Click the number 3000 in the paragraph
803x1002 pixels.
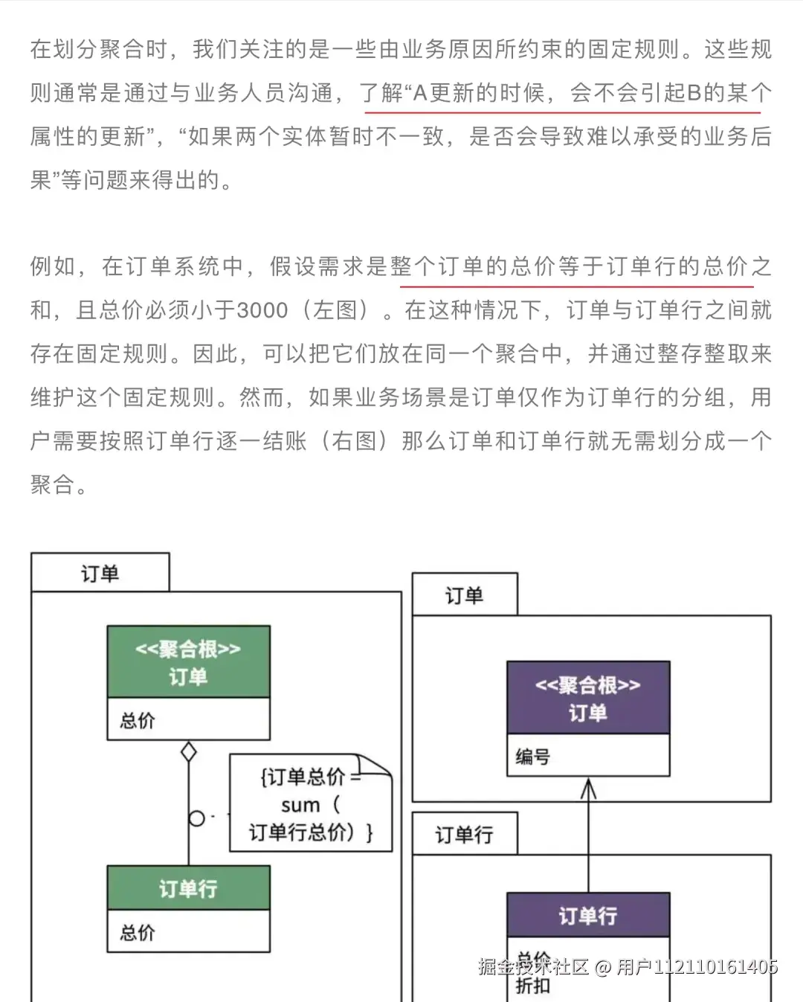[x=262, y=310]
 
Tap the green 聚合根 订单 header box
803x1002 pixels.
[x=188, y=662]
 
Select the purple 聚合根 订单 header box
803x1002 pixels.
[x=588, y=698]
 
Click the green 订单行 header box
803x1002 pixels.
[x=188, y=888]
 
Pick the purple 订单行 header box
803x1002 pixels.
[x=588, y=915]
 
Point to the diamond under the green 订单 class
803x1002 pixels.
[x=189, y=752]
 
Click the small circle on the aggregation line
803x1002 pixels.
[x=196, y=818]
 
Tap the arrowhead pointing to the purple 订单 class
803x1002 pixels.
[x=588, y=789]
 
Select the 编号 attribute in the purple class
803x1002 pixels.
[x=533, y=757]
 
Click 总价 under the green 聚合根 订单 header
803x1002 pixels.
[x=138, y=720]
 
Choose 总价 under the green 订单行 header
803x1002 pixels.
[x=138, y=932]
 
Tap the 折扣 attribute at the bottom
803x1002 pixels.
[x=533, y=986]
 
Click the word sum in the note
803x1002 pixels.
[x=300, y=806]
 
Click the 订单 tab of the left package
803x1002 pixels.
[x=100, y=574]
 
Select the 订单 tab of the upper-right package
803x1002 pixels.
[x=464, y=595]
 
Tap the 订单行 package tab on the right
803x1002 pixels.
[x=464, y=835]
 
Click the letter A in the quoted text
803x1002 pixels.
[x=420, y=93]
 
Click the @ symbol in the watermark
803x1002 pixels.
[x=603, y=967]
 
